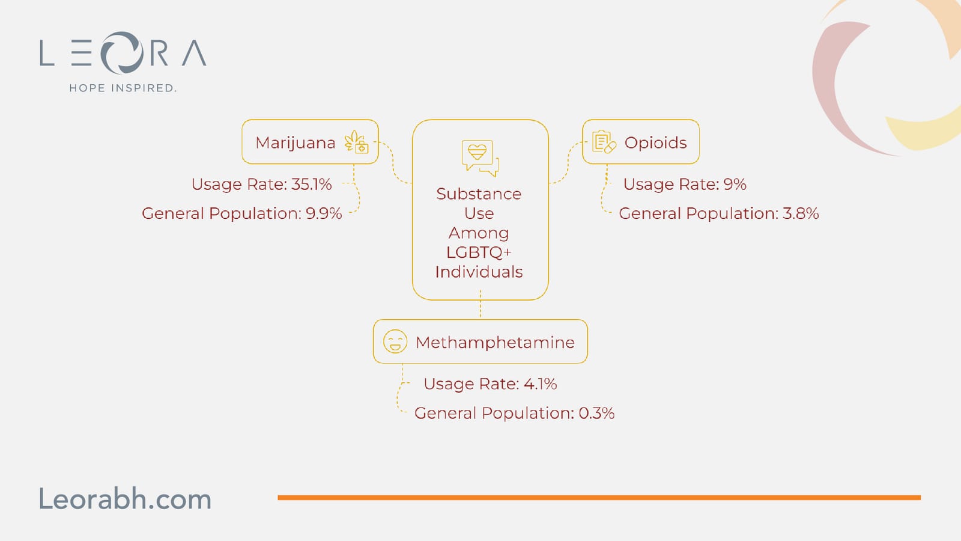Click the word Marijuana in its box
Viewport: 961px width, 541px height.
coord(295,143)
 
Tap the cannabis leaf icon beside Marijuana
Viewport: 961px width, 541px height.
coord(356,142)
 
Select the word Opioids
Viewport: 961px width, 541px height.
coord(655,143)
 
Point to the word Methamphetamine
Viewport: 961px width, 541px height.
coord(495,342)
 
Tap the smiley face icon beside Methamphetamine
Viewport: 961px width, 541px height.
coord(395,342)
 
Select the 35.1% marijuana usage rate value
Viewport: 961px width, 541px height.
coord(312,184)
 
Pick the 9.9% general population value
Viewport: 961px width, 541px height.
coord(324,213)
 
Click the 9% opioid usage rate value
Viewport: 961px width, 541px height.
coord(735,184)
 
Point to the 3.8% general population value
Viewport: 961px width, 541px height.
coord(801,213)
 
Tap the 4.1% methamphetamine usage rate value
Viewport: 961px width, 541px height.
coord(540,384)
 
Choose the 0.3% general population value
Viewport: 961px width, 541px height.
coord(596,413)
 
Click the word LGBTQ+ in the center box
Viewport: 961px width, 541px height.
coord(479,252)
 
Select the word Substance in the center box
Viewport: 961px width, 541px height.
coord(479,194)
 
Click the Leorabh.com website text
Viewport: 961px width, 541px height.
coord(126,499)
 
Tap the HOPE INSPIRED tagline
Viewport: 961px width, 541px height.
coord(123,88)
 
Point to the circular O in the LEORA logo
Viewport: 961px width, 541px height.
coord(122,53)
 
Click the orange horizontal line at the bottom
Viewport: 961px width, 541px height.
coord(599,498)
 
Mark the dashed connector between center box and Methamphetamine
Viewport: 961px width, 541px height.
coord(480,304)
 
